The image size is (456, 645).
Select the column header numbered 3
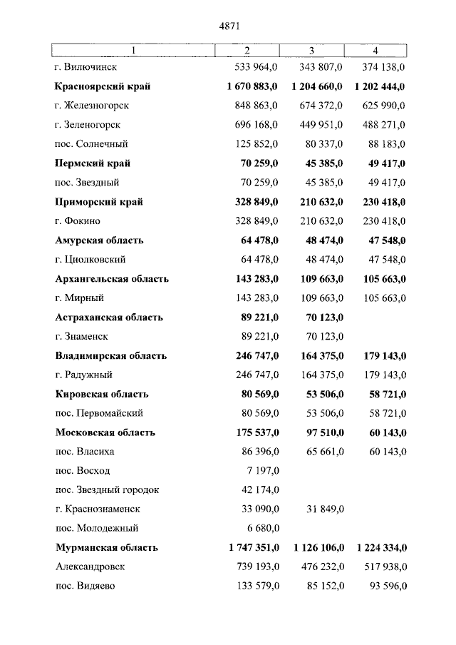(x=311, y=50)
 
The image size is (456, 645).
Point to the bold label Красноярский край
(x=103, y=86)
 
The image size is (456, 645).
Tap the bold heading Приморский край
(x=99, y=202)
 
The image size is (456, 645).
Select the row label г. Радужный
(x=83, y=375)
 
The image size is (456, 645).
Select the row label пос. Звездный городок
(x=107, y=490)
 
